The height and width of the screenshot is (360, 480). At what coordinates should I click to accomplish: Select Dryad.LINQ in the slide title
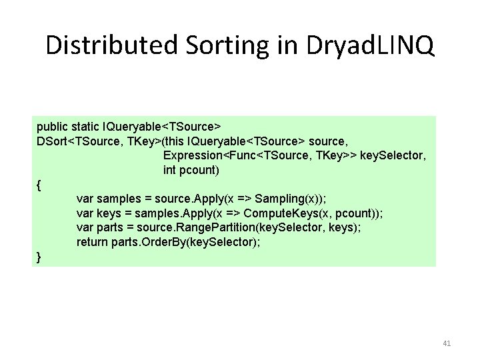[371, 46]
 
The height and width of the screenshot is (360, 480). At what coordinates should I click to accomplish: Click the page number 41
[447, 343]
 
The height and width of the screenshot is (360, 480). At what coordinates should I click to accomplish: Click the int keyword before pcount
[170, 170]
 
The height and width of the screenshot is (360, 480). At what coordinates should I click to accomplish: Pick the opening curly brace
[39, 185]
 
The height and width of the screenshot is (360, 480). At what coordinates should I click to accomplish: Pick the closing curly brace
[39, 256]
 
